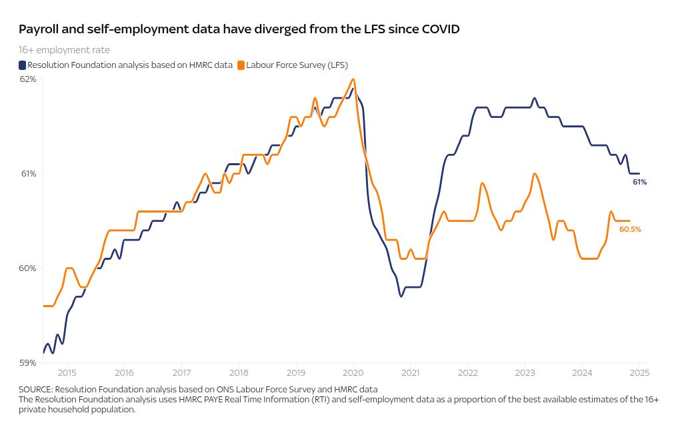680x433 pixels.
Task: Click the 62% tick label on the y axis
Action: click(28, 79)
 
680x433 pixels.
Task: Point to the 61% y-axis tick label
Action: click(28, 174)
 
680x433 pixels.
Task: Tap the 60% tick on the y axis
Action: click(28, 268)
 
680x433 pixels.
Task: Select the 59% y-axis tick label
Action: click(28, 363)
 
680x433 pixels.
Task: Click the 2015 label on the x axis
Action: click(67, 373)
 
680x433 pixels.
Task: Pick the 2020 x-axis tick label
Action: click(353, 373)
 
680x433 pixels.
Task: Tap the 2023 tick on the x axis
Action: click(525, 373)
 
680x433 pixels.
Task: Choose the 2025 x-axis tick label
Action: click(639, 373)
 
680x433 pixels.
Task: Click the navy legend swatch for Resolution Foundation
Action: click(22, 65)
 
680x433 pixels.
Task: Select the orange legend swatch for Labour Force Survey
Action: click(241, 65)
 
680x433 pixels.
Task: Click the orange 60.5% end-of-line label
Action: click(630, 229)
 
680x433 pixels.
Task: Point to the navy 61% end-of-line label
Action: click(639, 182)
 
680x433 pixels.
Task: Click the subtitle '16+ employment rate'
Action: click(64, 50)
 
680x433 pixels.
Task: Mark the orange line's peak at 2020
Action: click(353, 79)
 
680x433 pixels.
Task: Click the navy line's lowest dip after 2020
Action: click(401, 296)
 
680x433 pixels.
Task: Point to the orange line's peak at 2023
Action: click(535, 174)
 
